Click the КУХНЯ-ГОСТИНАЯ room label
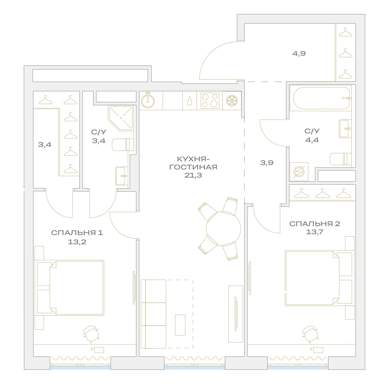[x=193, y=163]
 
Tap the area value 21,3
[x=193, y=175]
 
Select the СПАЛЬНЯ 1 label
[x=77, y=233]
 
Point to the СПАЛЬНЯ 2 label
[x=315, y=224]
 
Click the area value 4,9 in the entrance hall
[x=299, y=53]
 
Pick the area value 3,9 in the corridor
[x=267, y=163]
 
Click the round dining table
[x=223, y=228]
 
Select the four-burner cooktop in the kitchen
[x=210, y=100]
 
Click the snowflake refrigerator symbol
[x=232, y=100]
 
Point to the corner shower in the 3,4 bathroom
[x=121, y=118]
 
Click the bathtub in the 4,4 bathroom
[x=322, y=98]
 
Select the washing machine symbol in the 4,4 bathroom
[x=299, y=172]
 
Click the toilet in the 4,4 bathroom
[x=341, y=159]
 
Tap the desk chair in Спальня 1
[x=91, y=334]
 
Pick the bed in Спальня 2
[x=319, y=278]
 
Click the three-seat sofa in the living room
[x=154, y=314]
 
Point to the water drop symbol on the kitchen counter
[x=189, y=101]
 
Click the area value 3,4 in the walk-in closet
[x=45, y=144]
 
